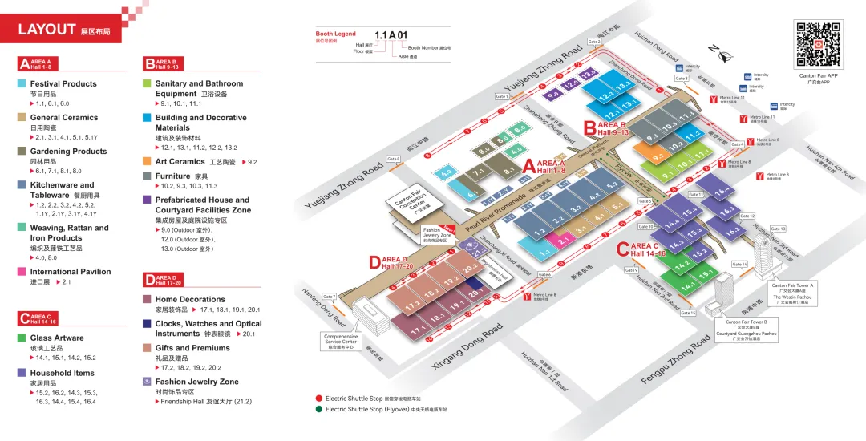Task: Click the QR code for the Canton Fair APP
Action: [x=818, y=45]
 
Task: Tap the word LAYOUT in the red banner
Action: [x=47, y=30]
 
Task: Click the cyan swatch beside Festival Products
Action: [x=22, y=83]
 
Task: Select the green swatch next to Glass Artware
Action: [x=22, y=338]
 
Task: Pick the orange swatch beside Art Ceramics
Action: [x=148, y=162]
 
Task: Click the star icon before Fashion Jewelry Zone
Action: [x=148, y=382]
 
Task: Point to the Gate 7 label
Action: [x=329, y=297]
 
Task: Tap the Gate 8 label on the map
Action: [x=393, y=159]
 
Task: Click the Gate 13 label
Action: [x=778, y=229]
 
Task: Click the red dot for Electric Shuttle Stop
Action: [x=319, y=398]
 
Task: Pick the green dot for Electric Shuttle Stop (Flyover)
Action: [x=319, y=409]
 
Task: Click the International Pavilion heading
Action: [x=71, y=272]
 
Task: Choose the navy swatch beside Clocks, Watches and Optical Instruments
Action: [x=148, y=324]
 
